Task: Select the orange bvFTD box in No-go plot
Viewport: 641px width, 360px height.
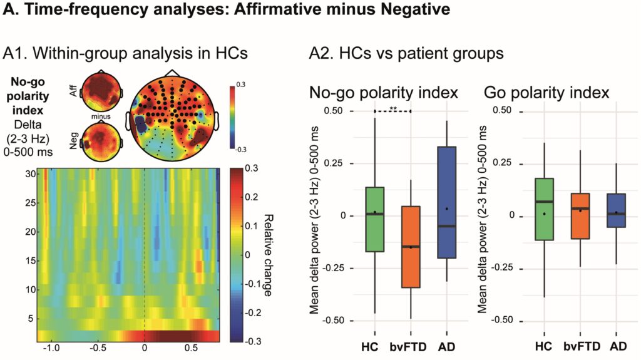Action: [x=411, y=247]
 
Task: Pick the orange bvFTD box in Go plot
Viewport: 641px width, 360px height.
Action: [x=580, y=216]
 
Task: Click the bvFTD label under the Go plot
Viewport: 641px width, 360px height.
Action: [x=580, y=346]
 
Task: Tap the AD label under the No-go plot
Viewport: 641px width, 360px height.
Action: [x=447, y=346]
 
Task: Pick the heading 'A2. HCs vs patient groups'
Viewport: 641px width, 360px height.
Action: [x=406, y=54]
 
